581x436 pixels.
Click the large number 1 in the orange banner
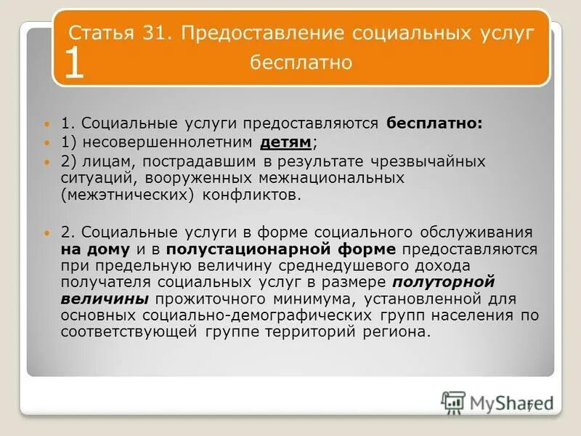click(x=75, y=65)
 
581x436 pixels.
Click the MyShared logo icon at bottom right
click(x=453, y=401)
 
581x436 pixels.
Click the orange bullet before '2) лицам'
click(x=47, y=161)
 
